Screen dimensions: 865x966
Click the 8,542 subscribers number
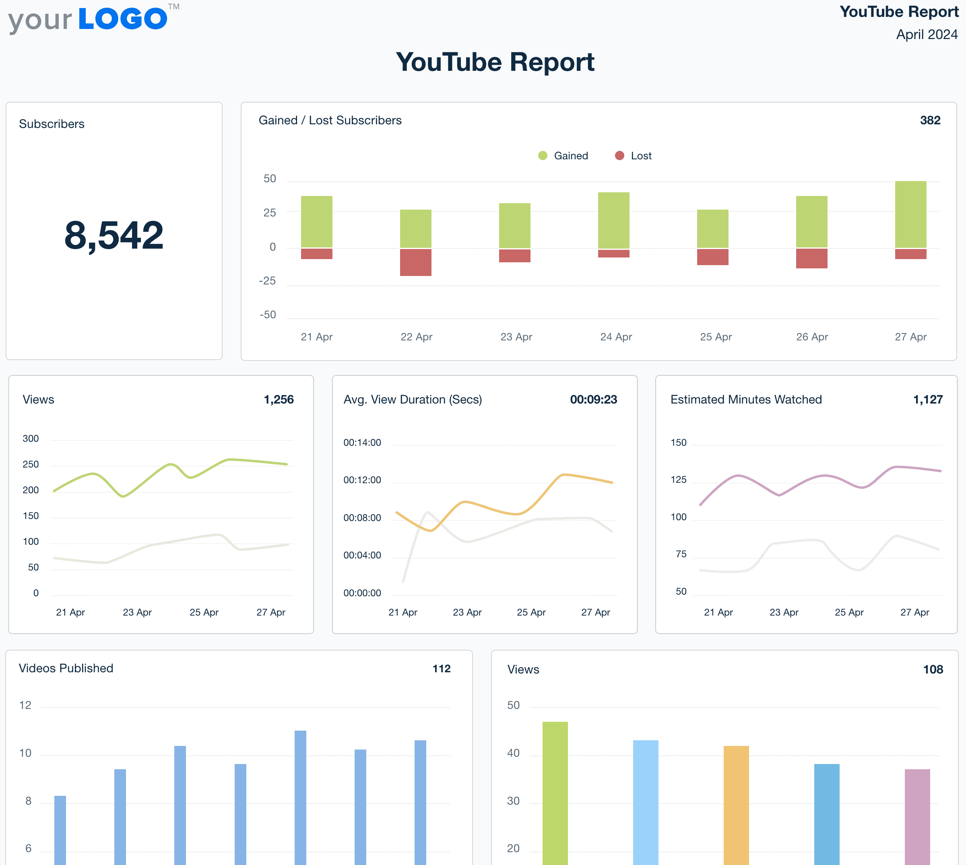pos(114,235)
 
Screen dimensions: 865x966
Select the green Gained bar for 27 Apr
pos(910,214)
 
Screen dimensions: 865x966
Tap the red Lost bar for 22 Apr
pos(415,262)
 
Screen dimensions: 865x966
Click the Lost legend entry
pos(634,156)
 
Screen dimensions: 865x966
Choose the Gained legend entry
pos(563,156)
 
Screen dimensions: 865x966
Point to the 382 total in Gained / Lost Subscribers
pos(930,120)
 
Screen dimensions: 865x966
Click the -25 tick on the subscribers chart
pos(267,281)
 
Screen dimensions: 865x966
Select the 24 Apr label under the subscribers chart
pos(616,337)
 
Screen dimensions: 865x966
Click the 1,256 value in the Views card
pos(279,400)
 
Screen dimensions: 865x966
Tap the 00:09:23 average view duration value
pos(593,400)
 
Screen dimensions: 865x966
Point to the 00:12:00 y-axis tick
pos(362,480)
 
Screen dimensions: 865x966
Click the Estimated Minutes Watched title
pos(746,400)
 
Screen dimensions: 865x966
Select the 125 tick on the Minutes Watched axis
pos(678,480)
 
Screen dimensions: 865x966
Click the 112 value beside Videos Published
pos(441,669)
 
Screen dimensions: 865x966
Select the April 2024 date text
pos(927,35)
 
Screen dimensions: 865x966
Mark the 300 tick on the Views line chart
pos(31,439)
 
